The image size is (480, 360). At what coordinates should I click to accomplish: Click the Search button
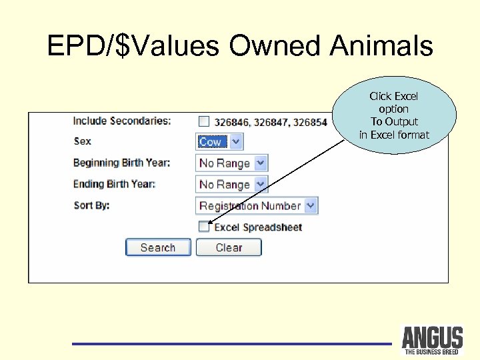158,247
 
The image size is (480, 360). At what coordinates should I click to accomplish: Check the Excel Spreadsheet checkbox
204,227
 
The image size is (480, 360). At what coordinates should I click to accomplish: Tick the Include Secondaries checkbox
204,121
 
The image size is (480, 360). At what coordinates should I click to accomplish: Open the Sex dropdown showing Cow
220,141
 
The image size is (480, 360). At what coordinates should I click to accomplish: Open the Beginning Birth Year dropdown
232,163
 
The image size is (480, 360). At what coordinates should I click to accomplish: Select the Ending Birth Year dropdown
232,184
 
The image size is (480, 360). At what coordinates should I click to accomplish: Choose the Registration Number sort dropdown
257,205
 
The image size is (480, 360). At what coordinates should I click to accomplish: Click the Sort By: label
91,205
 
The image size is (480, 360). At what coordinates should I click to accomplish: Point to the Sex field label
82,141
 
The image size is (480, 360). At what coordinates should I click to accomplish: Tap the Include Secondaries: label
121,121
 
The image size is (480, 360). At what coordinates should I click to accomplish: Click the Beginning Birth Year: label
121,163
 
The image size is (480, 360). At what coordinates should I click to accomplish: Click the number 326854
311,122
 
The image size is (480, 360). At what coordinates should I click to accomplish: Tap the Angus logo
432,340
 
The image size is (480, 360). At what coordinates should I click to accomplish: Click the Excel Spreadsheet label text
258,227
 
